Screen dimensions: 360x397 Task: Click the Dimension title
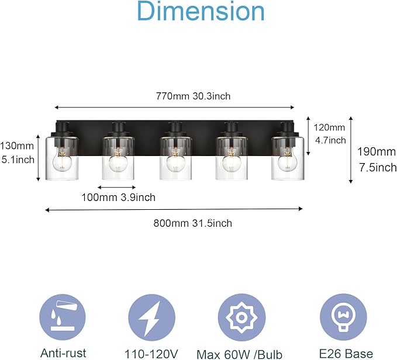(x=201, y=12)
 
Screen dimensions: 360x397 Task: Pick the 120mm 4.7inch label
(x=330, y=134)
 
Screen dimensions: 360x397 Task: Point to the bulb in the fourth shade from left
(x=232, y=161)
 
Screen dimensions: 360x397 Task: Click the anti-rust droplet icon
(x=61, y=316)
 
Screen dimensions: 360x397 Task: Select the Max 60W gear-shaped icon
(x=239, y=316)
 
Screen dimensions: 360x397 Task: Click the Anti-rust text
(x=63, y=352)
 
